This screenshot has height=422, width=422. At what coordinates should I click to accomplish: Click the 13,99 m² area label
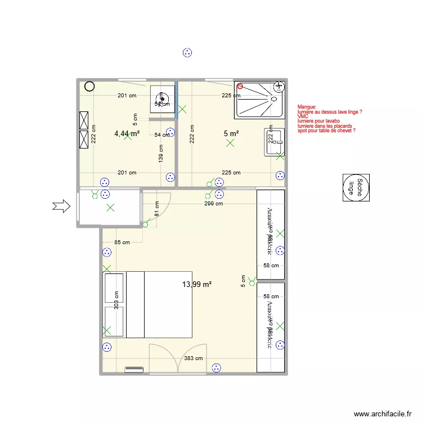[196, 285]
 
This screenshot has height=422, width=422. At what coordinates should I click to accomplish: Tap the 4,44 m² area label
[127, 133]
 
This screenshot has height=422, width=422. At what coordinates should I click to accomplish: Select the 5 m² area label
[231, 133]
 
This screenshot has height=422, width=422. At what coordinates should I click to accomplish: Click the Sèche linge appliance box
[356, 187]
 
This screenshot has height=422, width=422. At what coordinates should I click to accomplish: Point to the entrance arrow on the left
[61, 207]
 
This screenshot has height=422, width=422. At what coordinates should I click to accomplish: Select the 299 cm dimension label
[213, 204]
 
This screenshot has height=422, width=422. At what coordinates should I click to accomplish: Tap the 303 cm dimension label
[116, 300]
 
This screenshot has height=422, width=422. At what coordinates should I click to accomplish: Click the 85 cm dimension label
[122, 243]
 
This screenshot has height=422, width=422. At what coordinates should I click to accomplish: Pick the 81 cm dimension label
[156, 209]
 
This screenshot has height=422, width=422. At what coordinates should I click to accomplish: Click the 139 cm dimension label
[161, 154]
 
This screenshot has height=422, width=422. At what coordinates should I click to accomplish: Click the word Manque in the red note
[307, 106]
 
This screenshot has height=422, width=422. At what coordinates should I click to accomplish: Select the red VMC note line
[303, 116]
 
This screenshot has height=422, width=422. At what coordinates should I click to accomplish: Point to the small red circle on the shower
[240, 87]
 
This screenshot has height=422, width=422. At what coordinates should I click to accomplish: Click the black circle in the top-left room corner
[89, 86]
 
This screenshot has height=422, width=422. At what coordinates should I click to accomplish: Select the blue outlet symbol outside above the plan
[187, 53]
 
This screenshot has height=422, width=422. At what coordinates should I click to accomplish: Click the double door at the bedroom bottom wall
[178, 358]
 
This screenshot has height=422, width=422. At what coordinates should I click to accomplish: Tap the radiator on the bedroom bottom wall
[134, 370]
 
